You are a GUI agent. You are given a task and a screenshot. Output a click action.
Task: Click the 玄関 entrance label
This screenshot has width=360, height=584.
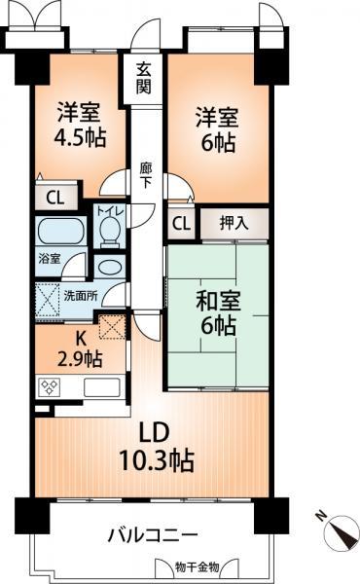pos(144,78)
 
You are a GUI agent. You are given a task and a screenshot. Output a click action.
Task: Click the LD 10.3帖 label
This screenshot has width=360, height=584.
pos(156,446)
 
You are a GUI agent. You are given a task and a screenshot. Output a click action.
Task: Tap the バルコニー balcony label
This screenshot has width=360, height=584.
pos(153,535)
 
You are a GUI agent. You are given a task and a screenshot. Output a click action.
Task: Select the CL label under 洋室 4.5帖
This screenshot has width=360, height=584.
pos(54,198)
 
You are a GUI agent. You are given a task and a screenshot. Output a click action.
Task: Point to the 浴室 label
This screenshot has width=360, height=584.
pos(49,259)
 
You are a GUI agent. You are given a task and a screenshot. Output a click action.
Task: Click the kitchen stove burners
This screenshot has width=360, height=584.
pos(51,386)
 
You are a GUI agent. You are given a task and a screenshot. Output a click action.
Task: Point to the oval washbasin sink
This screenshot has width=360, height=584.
pos(108,267)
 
